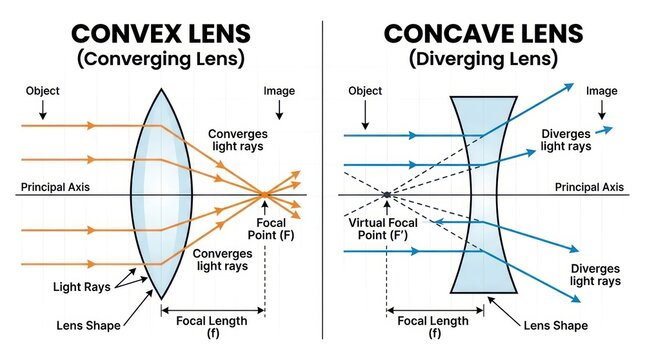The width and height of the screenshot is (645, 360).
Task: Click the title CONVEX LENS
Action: coord(161,34)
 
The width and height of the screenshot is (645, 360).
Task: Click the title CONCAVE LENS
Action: coord(483,34)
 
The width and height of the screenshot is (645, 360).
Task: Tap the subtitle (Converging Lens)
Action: coord(161,59)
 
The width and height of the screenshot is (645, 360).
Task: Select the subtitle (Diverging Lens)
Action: coord(483,59)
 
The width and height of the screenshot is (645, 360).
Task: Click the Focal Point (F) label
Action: coord(271,229)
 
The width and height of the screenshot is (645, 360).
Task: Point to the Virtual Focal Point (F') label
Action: coord(383,229)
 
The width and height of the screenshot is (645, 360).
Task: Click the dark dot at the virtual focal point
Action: coord(387,195)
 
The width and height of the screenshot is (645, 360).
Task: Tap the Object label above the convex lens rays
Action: coord(42,91)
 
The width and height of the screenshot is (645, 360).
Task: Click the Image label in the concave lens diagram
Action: coord(601,91)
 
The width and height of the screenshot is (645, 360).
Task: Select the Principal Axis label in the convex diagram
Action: coord(55,187)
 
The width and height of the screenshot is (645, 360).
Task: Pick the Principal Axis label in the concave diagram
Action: coord(589,187)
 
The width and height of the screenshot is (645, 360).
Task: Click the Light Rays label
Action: coord(82,287)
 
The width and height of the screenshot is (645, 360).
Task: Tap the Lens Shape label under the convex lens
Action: coord(88,325)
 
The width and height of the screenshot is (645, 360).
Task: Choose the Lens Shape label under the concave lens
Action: coord(556,325)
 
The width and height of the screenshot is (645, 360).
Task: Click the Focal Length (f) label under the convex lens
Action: coord(212,327)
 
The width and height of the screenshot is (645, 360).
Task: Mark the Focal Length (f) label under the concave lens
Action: coord(433,327)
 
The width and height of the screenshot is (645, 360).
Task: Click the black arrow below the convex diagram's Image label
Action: coord(279,110)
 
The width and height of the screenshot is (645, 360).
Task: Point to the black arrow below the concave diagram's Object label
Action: coord(365,115)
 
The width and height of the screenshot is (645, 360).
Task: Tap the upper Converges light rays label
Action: coord(238,140)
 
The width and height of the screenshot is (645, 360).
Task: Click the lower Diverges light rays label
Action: coord(595,275)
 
